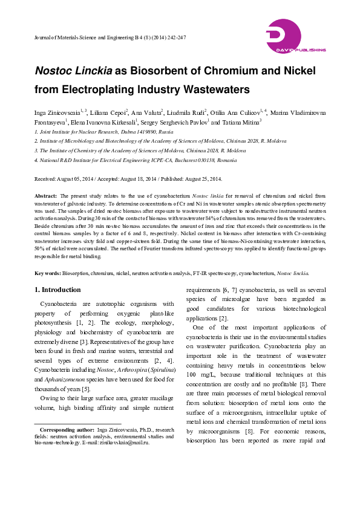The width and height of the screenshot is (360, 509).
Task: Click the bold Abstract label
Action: (46, 196)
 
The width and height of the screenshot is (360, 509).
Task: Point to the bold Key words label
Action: (48, 273)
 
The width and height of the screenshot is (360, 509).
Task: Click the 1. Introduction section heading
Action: (57, 290)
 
